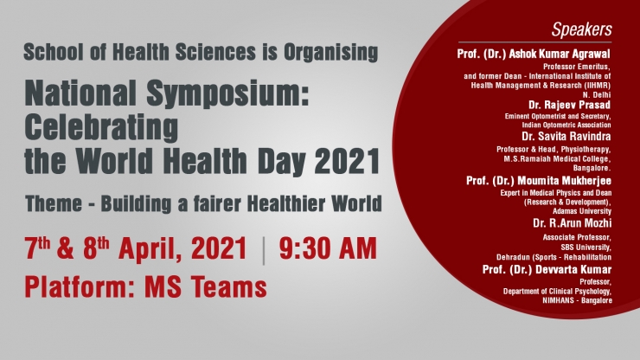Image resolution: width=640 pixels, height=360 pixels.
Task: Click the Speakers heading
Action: click(582, 29)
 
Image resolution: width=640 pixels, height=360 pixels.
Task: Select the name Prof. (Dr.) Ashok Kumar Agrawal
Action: click(534, 54)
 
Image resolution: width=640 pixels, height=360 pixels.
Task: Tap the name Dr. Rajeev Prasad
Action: click(570, 105)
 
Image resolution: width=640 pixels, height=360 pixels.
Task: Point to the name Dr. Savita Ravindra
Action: click(566, 136)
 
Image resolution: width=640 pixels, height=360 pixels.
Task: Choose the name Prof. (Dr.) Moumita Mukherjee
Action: click(539, 181)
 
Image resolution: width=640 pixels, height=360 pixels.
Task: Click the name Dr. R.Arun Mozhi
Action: click(573, 223)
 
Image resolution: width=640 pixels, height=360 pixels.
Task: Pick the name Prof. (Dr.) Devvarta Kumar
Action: click(547, 270)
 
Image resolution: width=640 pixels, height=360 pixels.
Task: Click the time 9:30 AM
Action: click(328, 248)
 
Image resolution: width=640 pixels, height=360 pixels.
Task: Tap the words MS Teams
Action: click(206, 286)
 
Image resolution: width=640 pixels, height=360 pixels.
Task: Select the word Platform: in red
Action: click(80, 286)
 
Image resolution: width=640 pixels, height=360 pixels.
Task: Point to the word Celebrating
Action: click(101, 127)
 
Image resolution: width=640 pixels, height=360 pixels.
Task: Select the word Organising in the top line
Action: click(330, 52)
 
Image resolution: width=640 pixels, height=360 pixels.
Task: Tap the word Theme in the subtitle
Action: click(54, 203)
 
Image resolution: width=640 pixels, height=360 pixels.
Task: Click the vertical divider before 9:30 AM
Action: click(264, 250)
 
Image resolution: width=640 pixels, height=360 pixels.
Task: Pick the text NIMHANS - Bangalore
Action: click(577, 301)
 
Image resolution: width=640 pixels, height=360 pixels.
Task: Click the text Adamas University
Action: click(582, 211)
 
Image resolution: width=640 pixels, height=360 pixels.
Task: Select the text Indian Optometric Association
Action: click(566, 125)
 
